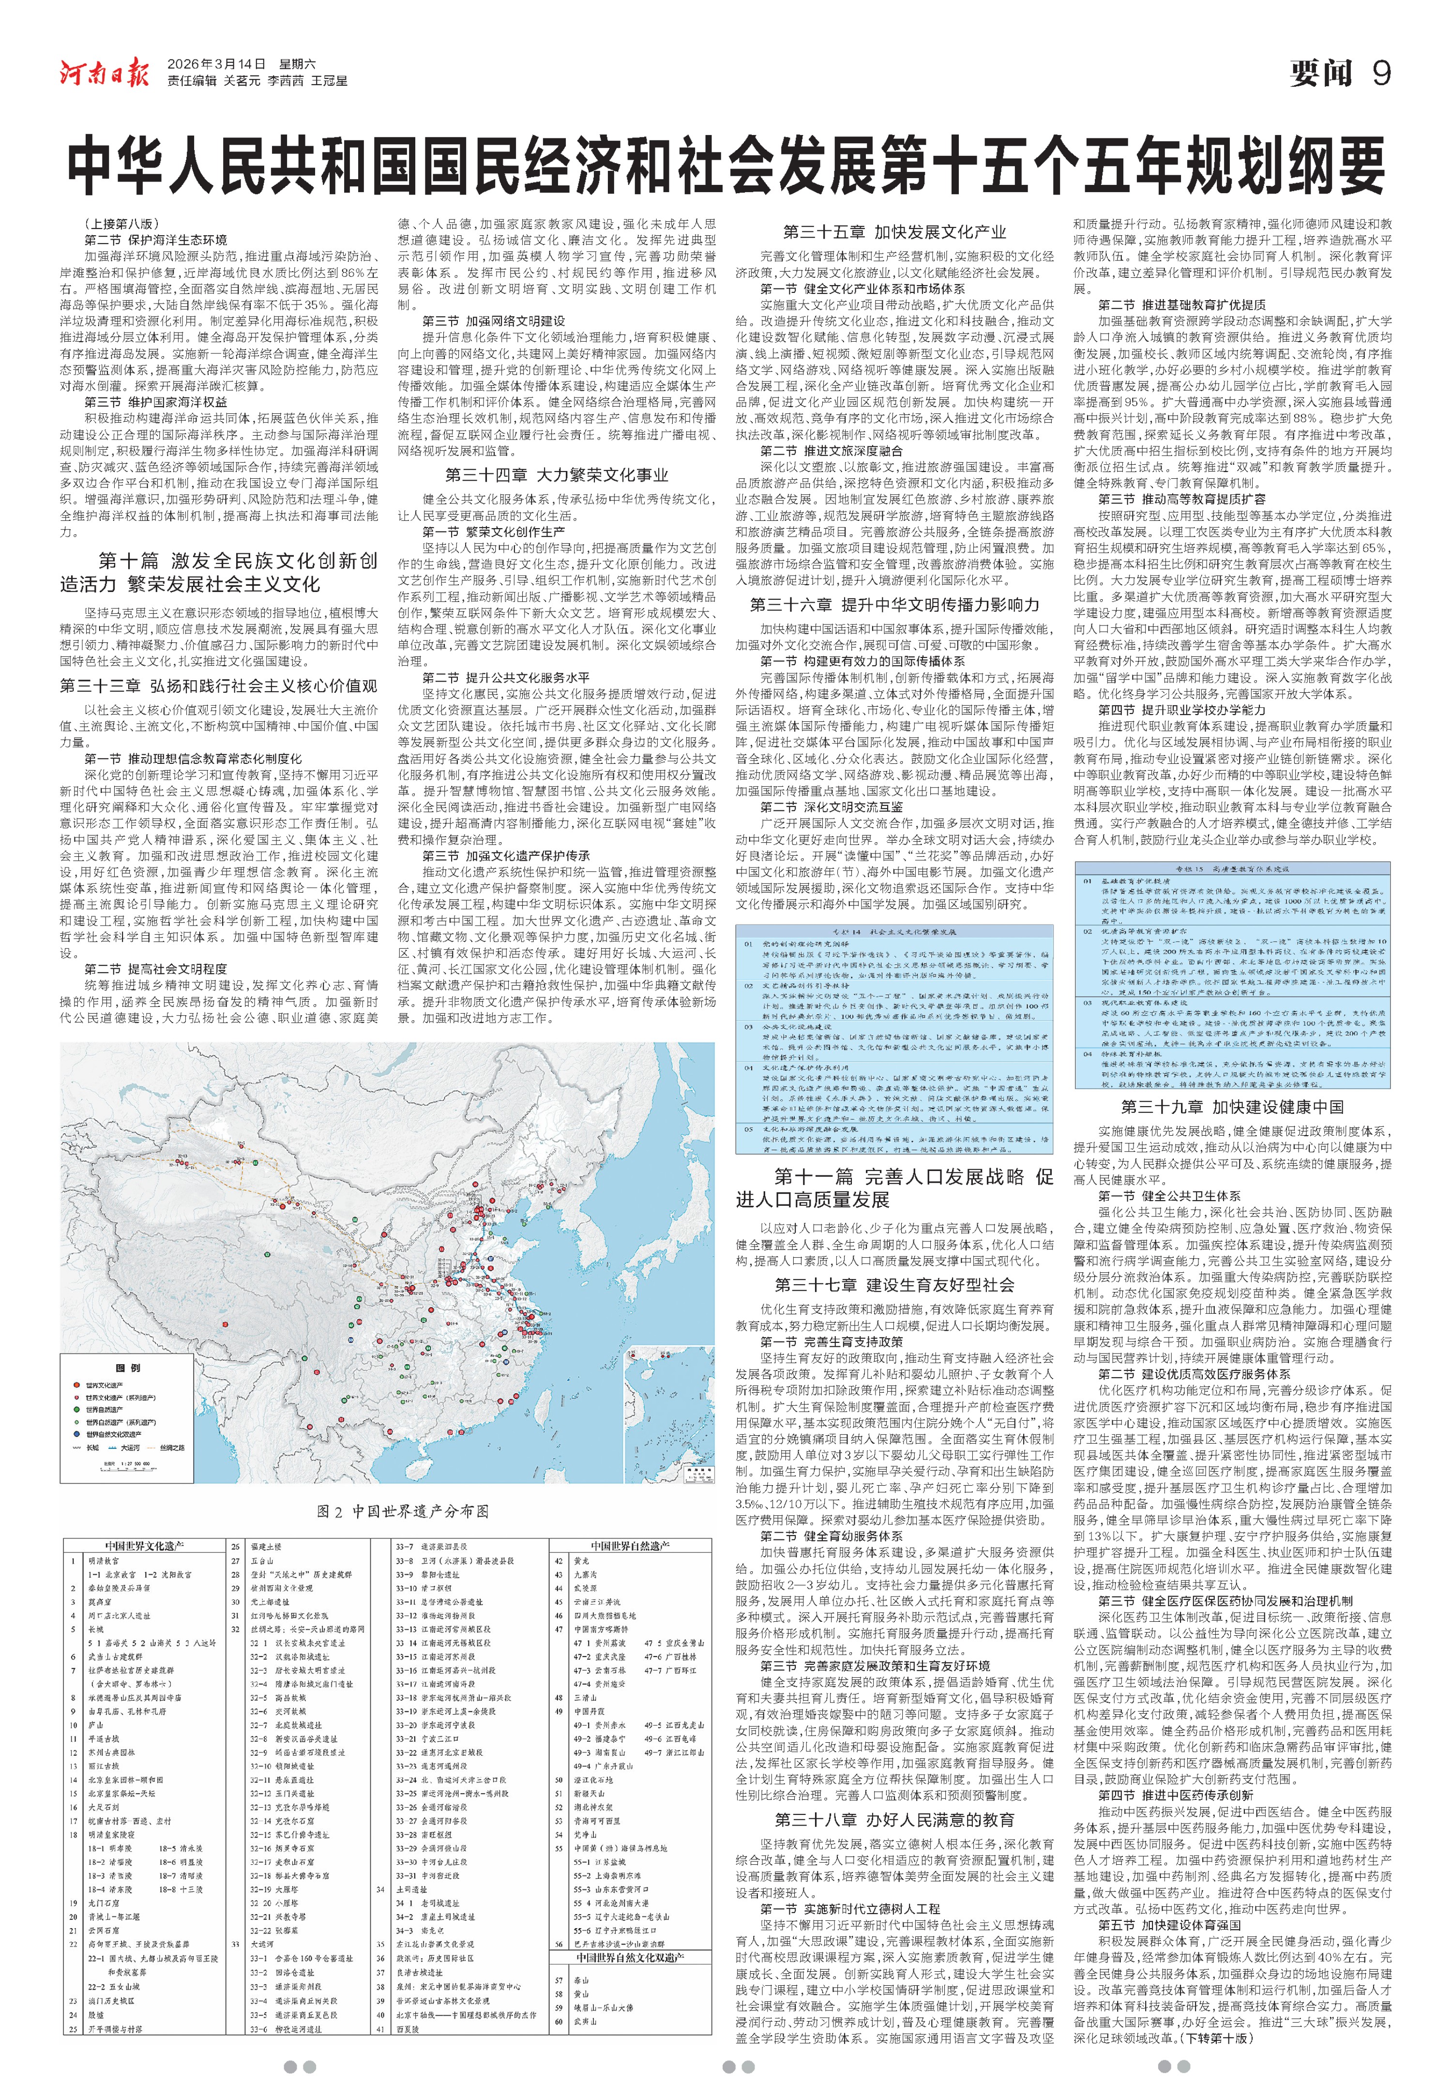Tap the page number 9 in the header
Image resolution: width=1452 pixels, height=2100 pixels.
click(1381, 73)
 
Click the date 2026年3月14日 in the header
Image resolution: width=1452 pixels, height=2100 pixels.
click(216, 64)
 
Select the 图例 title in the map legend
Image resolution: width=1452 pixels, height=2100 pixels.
click(128, 1368)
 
